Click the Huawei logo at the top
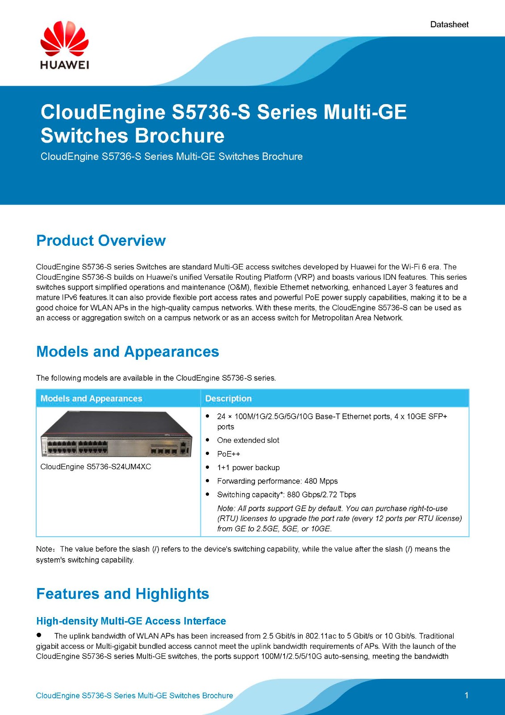64,45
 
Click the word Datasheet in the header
449,25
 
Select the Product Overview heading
101,241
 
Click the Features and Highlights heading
122,594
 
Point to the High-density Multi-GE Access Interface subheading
131,621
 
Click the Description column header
229,398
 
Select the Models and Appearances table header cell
91,398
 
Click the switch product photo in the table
117,434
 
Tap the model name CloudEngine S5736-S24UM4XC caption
96,467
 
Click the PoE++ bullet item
229,454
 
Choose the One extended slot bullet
248,440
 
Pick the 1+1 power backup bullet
248,467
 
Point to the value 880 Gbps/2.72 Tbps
321,495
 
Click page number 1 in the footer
467,695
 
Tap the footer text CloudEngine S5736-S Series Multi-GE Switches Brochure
134,696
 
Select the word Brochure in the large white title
179,135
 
